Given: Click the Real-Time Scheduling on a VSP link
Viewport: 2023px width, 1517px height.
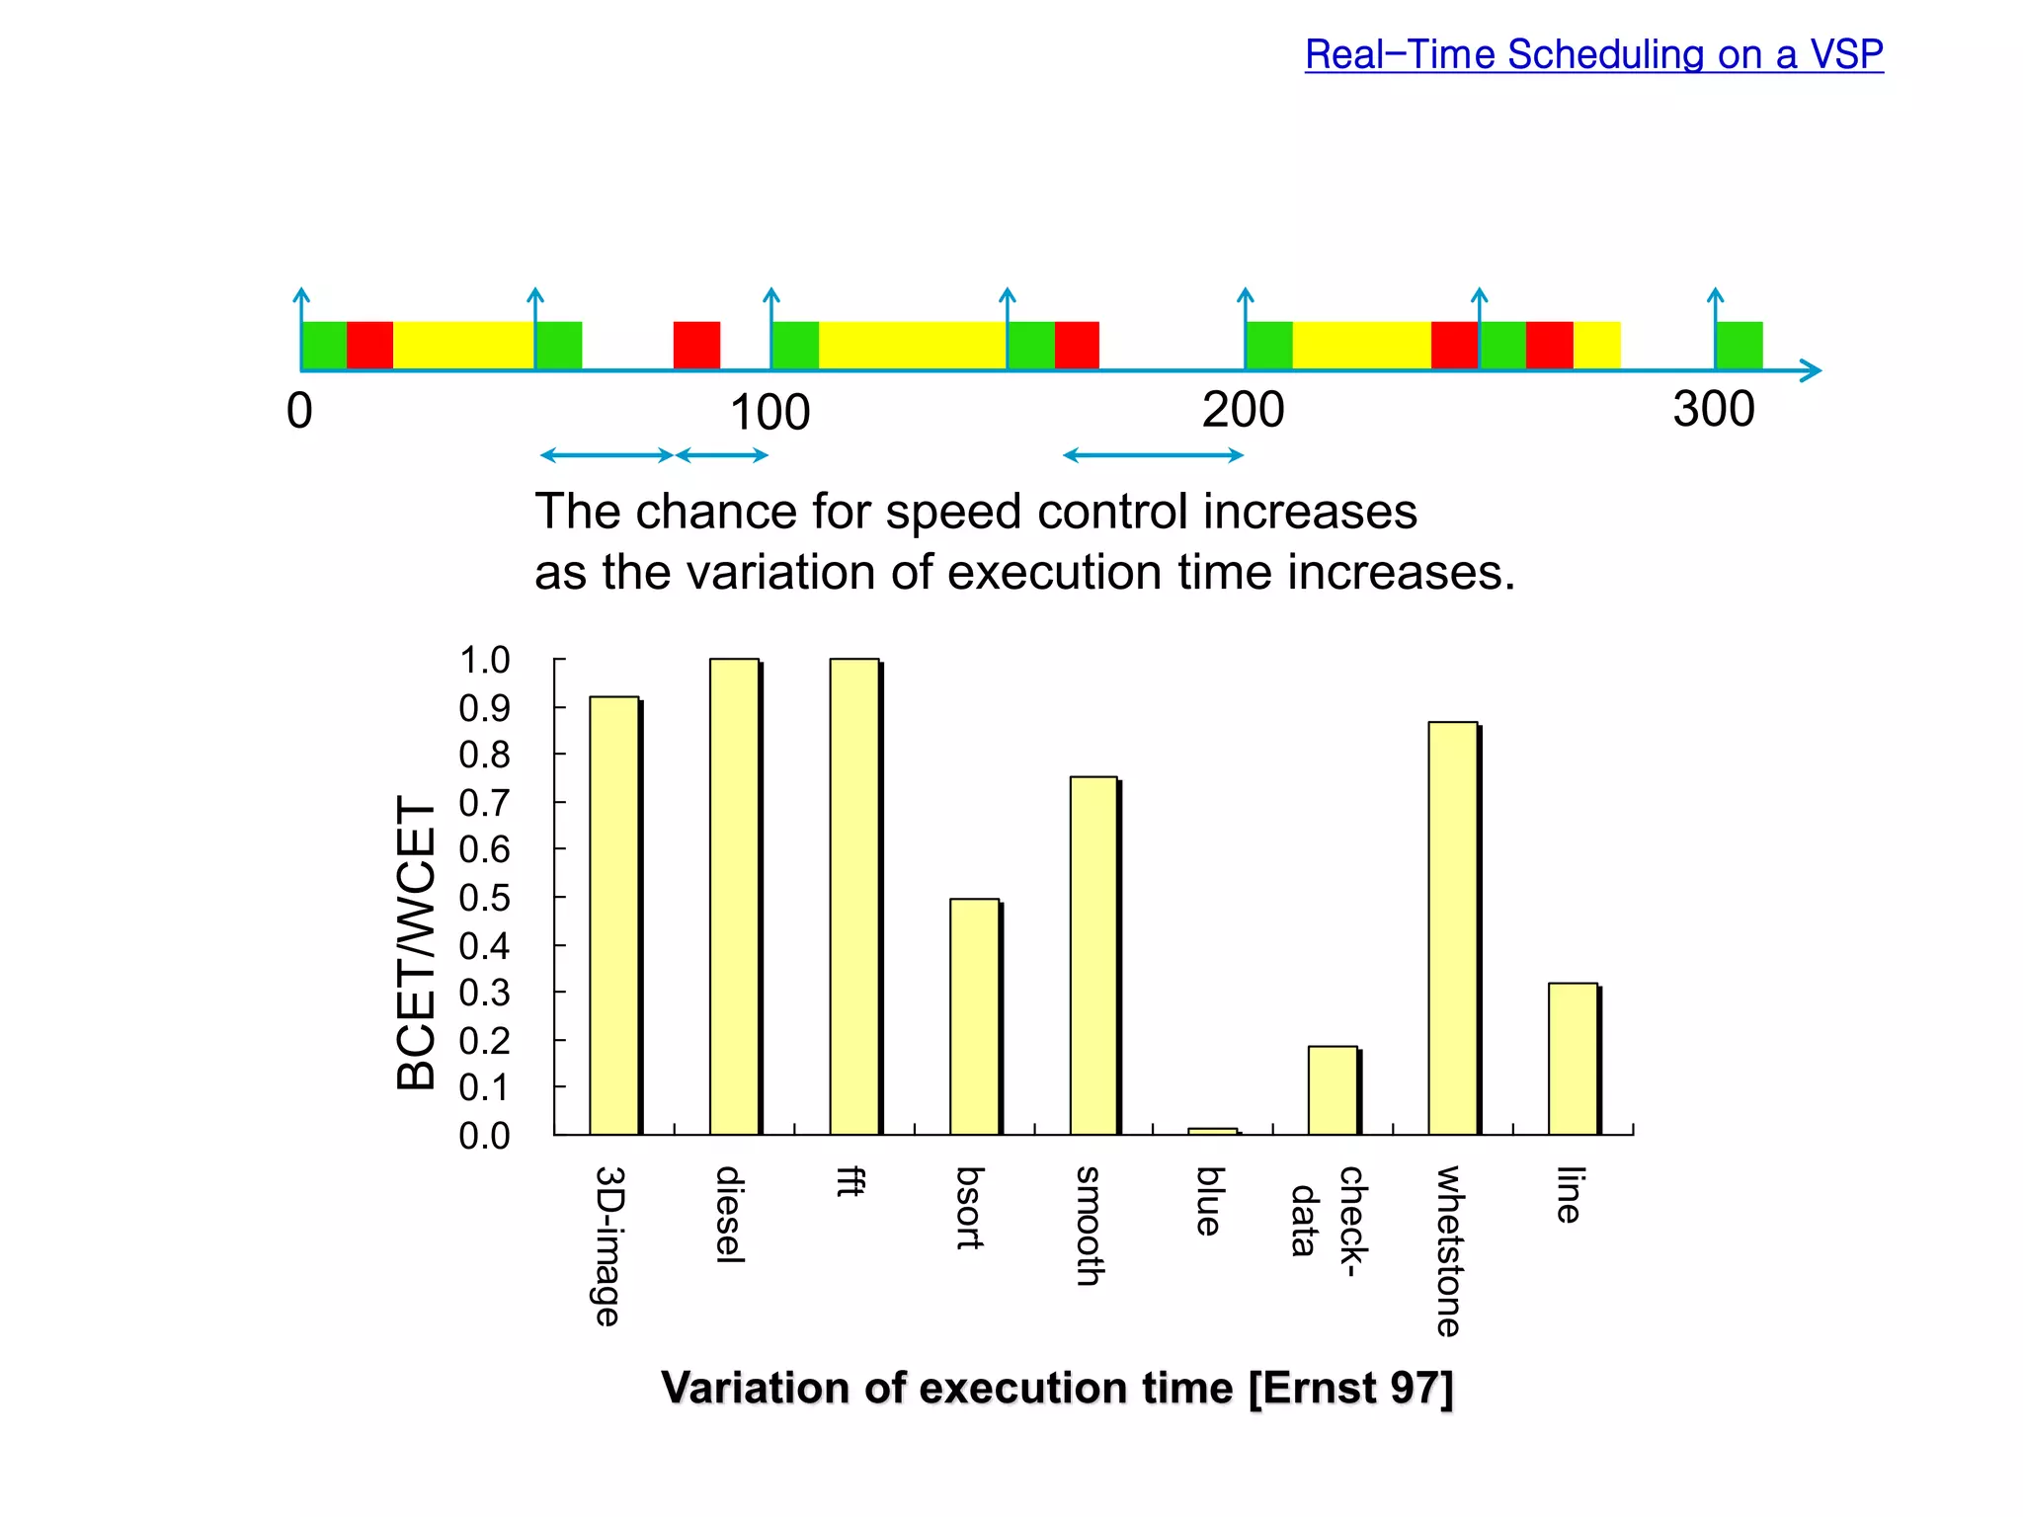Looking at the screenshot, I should click(1593, 54).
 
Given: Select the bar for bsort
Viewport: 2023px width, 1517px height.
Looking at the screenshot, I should click(975, 1016).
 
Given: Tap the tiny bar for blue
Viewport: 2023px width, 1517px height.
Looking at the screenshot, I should click(1213, 1131).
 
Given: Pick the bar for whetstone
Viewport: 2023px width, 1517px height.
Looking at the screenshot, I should click(1453, 927).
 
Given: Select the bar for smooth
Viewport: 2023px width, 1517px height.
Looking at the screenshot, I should click(1094, 955).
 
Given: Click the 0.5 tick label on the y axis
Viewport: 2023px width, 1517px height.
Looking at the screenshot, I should click(484, 898).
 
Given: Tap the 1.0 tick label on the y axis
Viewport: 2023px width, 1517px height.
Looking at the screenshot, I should click(484, 660).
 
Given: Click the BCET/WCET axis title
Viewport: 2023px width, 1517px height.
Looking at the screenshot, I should click(416, 942).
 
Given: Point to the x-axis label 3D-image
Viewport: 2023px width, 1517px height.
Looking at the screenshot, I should click(608, 1245).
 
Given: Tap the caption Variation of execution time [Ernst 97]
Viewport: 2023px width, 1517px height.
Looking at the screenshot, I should click(1057, 1388).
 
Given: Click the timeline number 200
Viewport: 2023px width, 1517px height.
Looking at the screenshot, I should click(1243, 410).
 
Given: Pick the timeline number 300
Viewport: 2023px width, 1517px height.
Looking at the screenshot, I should click(1714, 410).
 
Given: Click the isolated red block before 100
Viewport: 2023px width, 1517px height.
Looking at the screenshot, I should click(696, 346).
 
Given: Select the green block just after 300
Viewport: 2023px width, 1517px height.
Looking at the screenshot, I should click(1740, 346).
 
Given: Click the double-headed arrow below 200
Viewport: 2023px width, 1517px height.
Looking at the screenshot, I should click(1153, 455).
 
